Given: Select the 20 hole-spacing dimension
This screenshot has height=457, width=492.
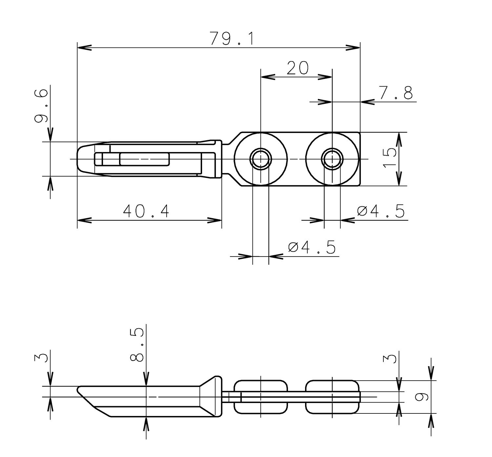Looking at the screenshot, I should click(297, 68).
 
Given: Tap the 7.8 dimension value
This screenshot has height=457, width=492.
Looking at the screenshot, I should click(396, 93).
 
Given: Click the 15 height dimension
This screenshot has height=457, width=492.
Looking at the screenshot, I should click(389, 158).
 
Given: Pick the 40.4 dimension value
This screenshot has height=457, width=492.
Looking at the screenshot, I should click(146, 211).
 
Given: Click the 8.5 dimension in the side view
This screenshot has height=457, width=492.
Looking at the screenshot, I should click(137, 344).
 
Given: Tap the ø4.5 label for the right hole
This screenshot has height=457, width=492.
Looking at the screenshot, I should click(380, 211).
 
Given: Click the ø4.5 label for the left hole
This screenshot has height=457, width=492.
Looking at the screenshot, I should click(312, 247).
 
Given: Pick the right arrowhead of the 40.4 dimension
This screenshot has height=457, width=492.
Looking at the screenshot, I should click(215, 220).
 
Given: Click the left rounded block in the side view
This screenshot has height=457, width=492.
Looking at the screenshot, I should click(261, 397).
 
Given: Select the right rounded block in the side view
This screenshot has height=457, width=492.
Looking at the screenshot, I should click(332, 397).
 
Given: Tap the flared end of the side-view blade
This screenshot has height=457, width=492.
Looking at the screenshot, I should click(212, 396).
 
